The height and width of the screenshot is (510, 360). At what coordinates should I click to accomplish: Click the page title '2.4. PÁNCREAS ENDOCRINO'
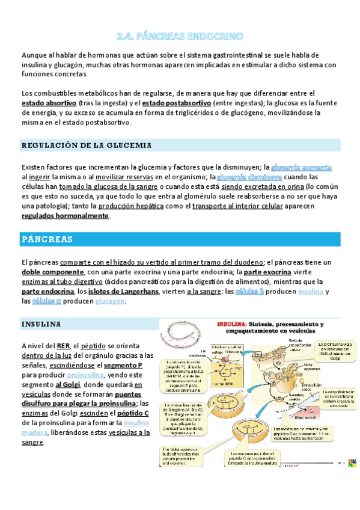180,36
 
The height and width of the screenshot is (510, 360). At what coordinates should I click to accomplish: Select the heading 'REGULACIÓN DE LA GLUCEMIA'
86,146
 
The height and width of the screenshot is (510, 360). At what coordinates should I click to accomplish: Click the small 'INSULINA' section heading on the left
41,324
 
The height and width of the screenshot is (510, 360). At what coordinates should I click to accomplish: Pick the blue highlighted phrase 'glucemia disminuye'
249,177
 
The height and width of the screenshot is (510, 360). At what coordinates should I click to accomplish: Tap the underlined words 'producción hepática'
131,206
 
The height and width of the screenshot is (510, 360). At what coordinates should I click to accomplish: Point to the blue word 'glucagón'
110,301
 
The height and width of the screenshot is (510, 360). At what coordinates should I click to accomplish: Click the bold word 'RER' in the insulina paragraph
64,345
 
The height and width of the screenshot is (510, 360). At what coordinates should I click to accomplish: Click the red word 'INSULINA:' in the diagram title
232,323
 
